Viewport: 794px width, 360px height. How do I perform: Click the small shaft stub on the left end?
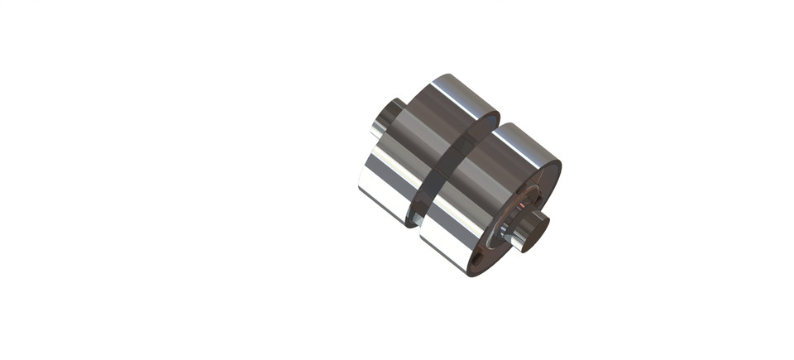pos(385,118)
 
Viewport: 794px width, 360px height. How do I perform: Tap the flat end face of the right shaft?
pos(536,230)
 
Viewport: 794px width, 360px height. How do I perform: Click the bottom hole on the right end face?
pos(480,263)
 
